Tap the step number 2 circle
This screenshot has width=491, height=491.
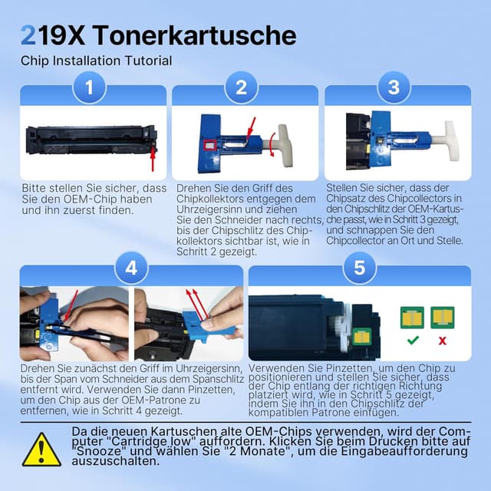(241, 87)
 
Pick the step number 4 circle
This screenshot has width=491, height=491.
(131, 268)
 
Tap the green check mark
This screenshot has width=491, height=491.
(413, 339)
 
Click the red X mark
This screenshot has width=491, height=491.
(441, 339)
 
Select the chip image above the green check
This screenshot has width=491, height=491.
(412, 316)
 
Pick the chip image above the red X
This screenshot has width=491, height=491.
(441, 316)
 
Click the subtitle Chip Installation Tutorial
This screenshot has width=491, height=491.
(96, 61)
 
